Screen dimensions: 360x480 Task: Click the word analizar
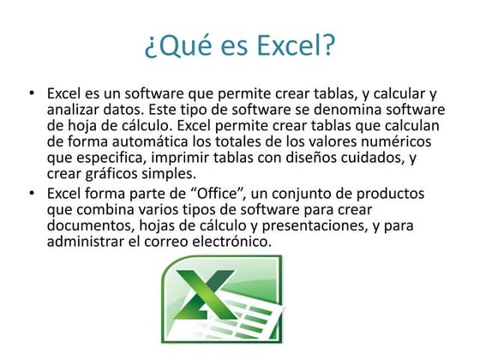coord(76,110)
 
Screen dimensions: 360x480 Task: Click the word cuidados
coord(351,159)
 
